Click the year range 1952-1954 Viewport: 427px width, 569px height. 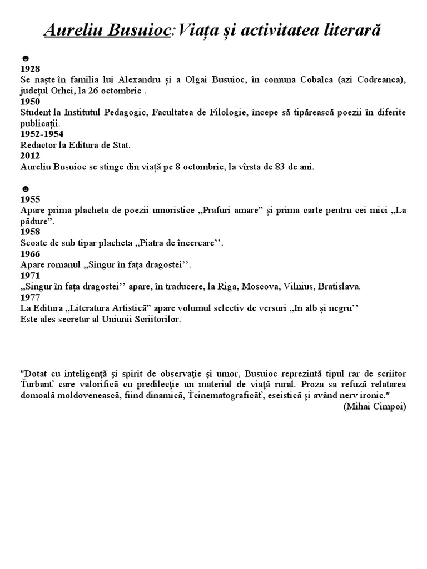pos(42,134)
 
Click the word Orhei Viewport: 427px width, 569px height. pos(67,92)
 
